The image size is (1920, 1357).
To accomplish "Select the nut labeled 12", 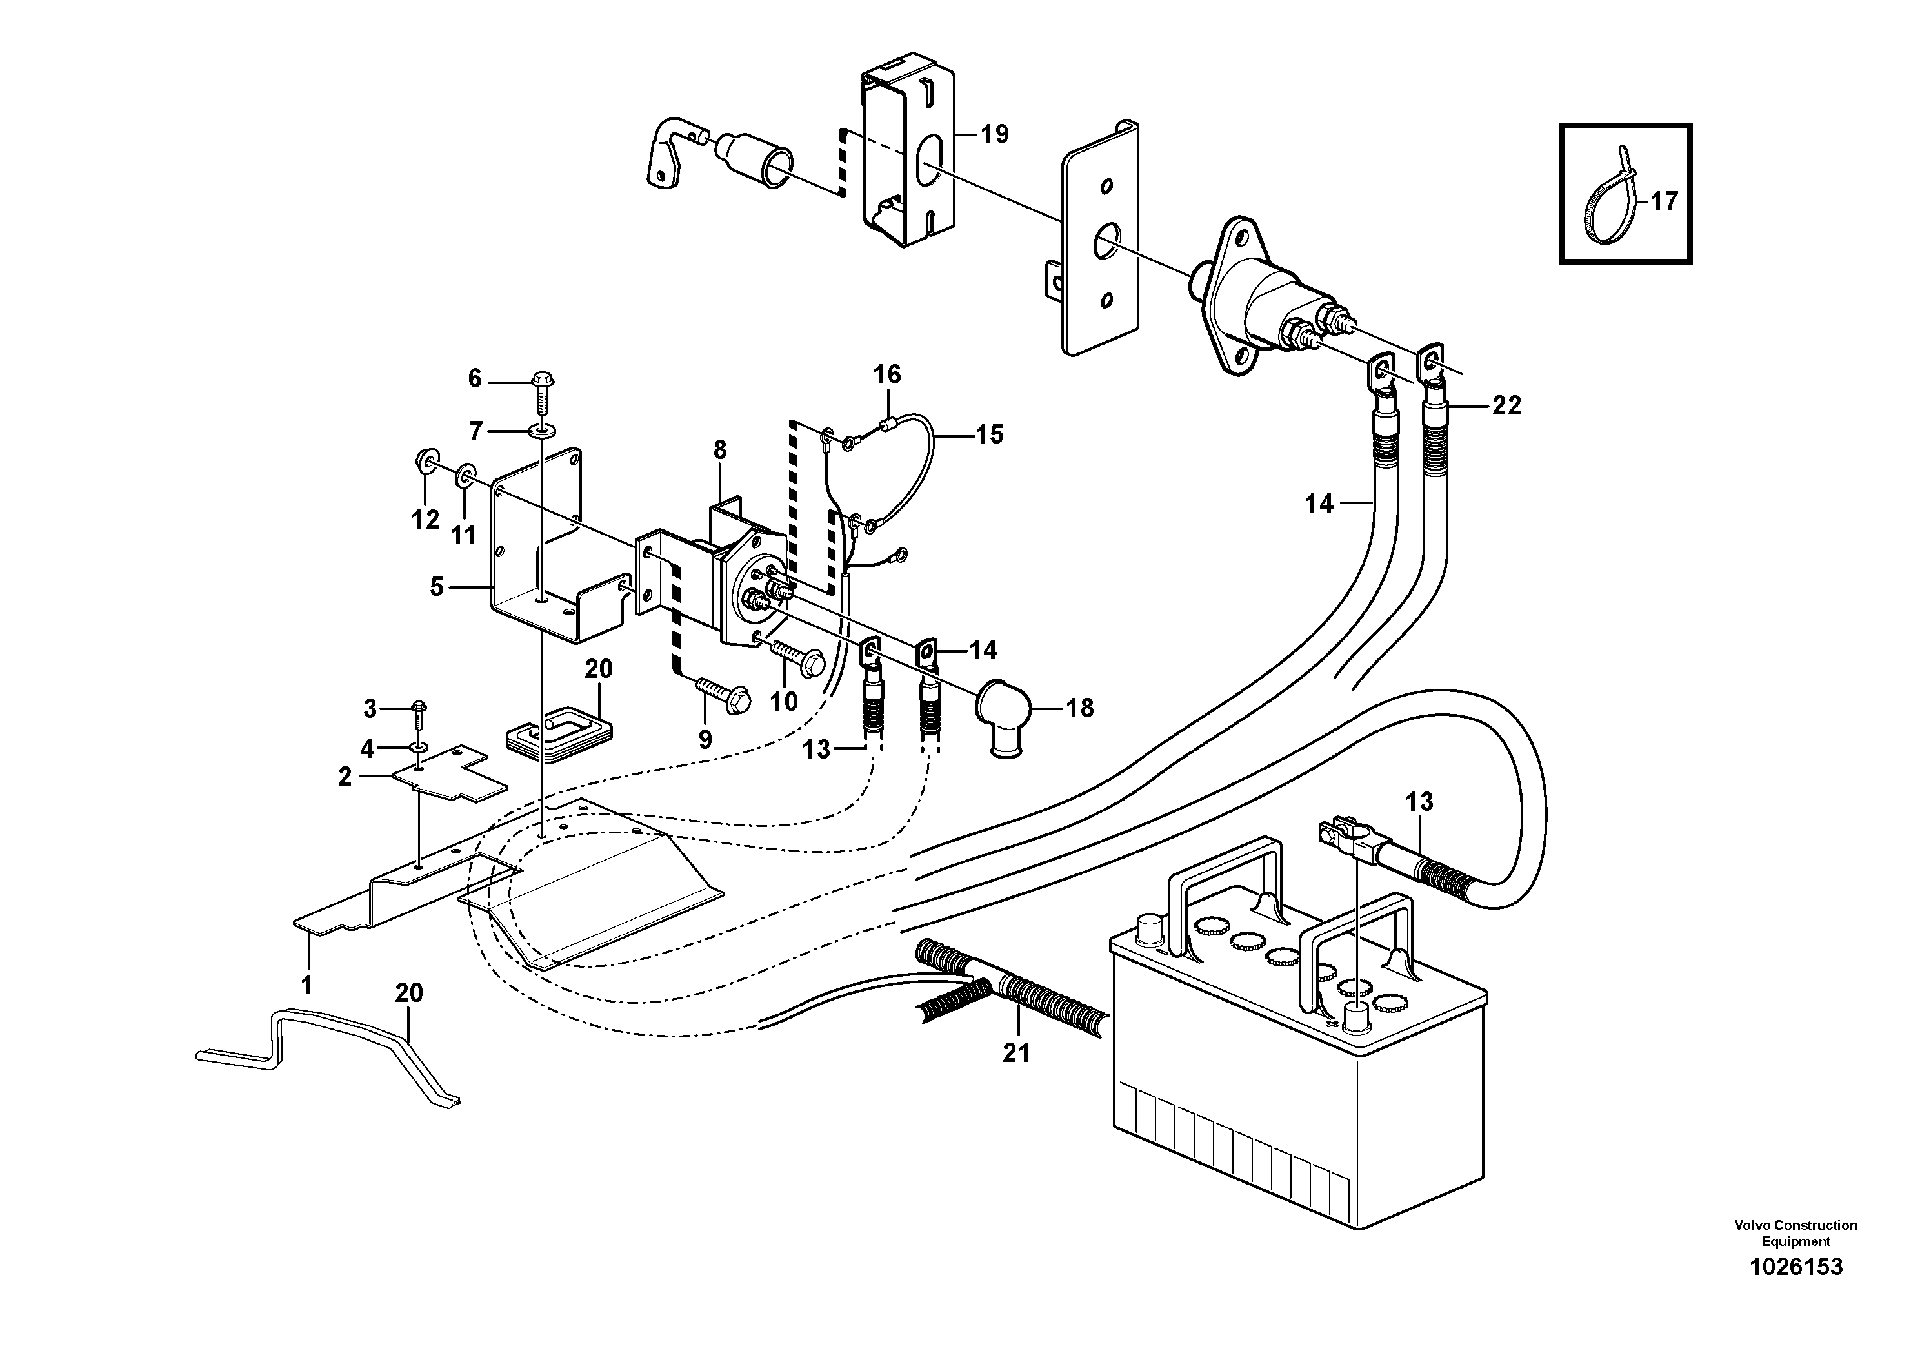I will [x=425, y=461].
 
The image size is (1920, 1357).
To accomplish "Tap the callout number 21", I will [x=1016, y=1054].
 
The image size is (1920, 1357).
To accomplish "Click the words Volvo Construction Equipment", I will [x=1795, y=1233].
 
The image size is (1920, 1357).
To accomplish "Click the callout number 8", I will [x=720, y=451].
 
